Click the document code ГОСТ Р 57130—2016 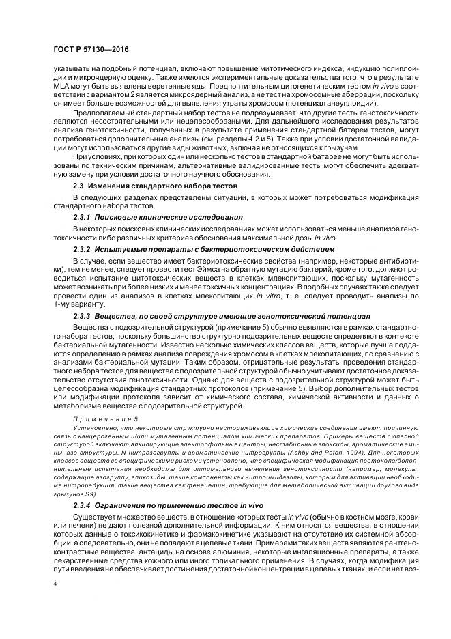point(90,50)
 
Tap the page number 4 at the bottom point(56,584)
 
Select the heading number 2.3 point(80,185)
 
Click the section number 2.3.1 point(84,217)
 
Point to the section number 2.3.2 point(84,249)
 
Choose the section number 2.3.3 point(84,317)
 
